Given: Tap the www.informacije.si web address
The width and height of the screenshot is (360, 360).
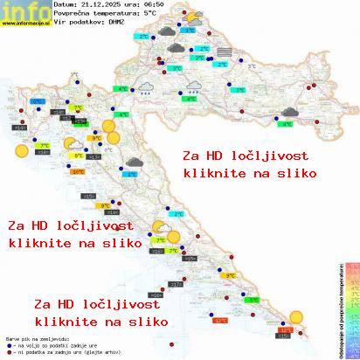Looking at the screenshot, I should coord(24,24).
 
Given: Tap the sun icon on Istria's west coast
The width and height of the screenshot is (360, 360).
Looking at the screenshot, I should coord(20,150).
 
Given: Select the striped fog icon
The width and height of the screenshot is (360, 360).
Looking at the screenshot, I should coord(225,53).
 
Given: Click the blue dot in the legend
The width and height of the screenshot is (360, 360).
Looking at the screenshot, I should coord(9,343).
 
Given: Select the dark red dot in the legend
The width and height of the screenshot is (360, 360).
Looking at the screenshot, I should coord(9,350).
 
